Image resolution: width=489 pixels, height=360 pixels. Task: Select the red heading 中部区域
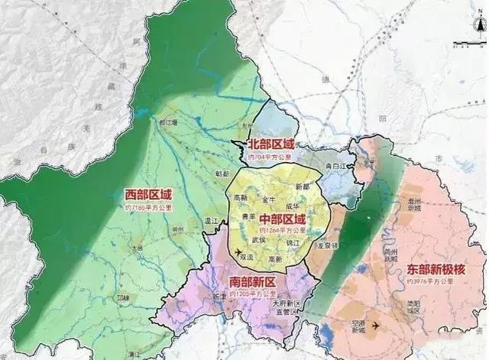point(281,218)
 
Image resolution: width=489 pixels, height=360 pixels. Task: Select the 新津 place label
point(217,294)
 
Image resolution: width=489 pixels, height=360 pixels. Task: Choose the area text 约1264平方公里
point(281,230)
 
